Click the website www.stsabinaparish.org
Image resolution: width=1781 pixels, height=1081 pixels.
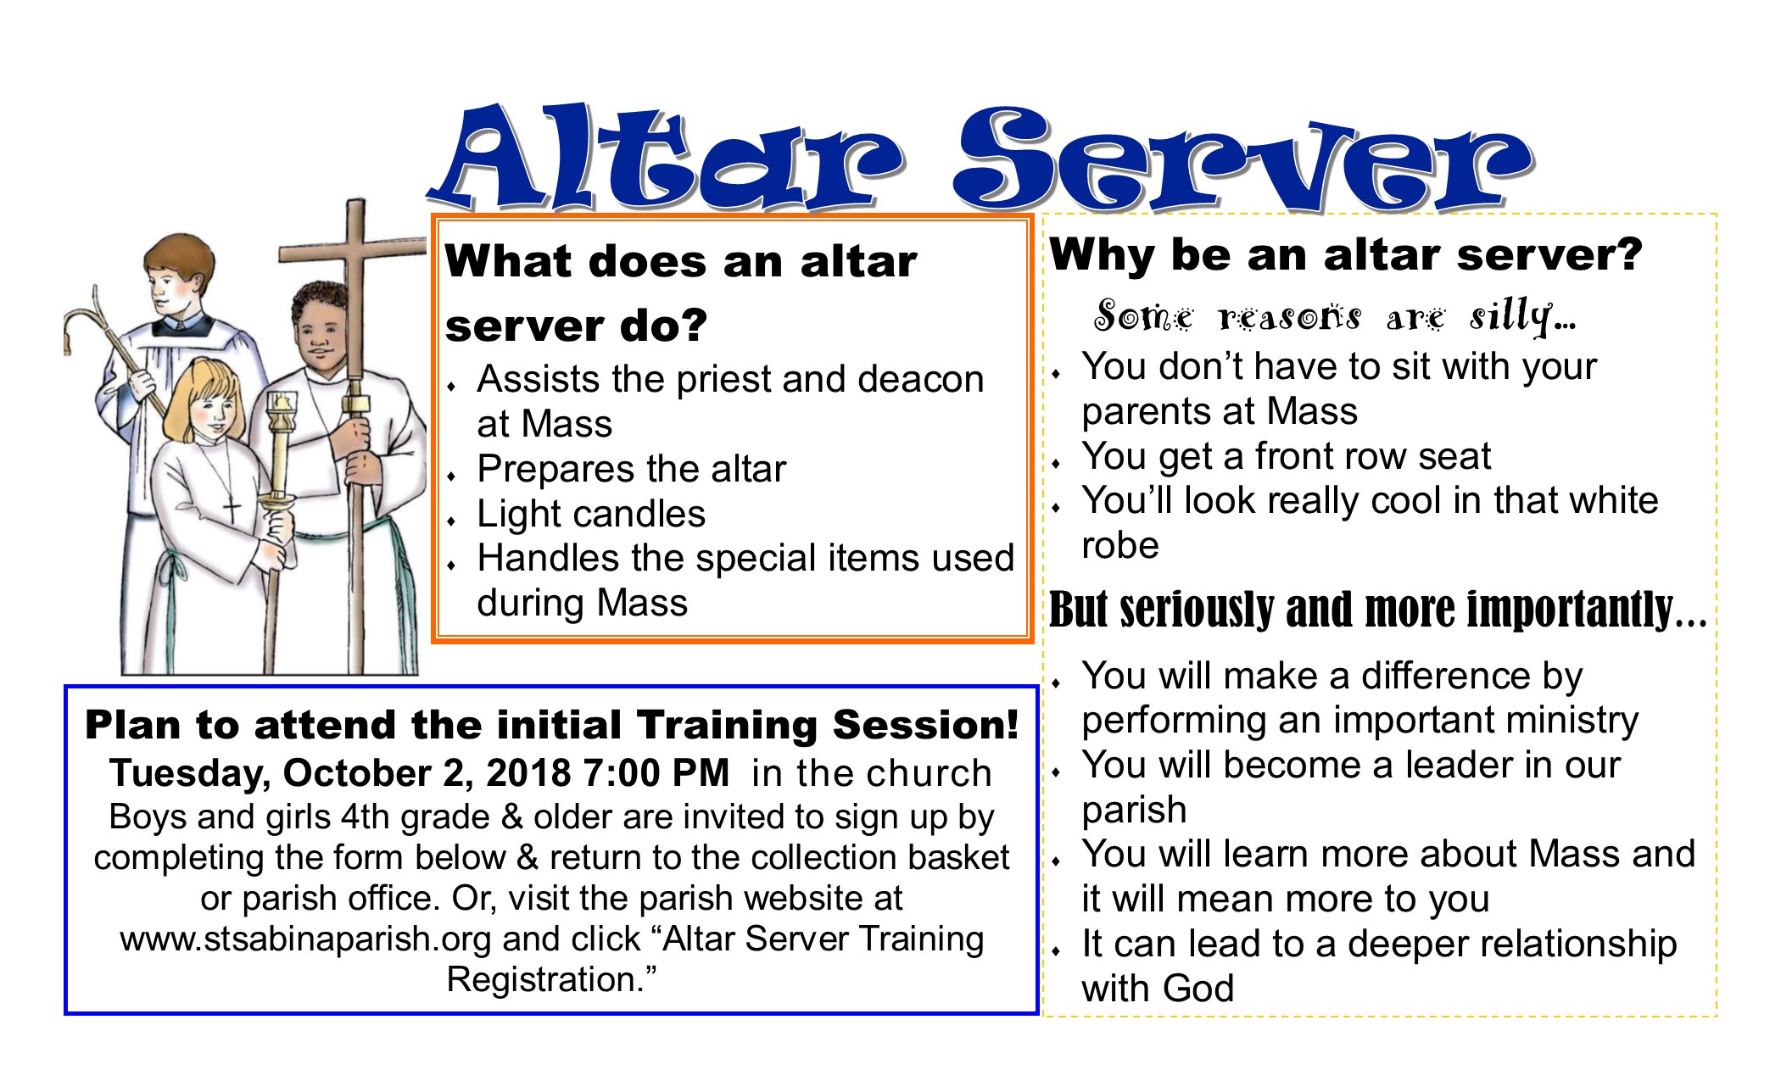305,939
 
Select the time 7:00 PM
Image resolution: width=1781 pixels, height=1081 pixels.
656,772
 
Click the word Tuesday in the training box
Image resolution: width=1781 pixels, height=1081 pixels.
190,774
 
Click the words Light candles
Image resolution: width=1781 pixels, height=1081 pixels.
591,515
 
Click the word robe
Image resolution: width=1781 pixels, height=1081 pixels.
1120,546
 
